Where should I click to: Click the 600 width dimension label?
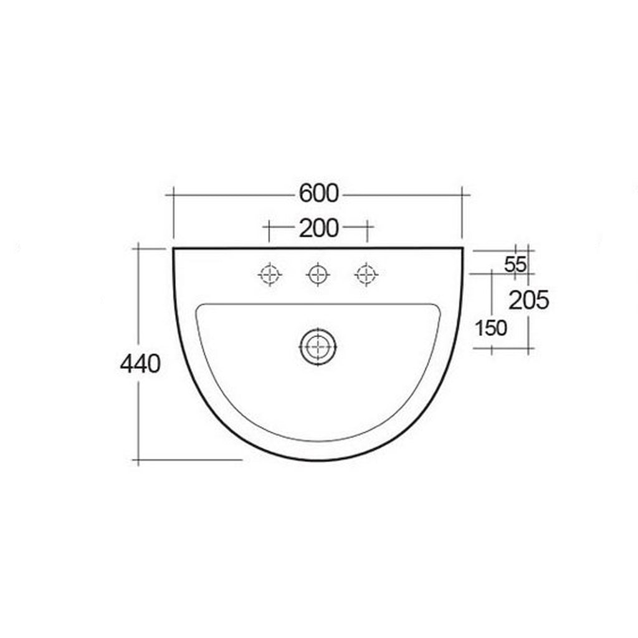pyautogui.click(x=318, y=194)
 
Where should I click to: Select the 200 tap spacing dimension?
pyautogui.click(x=318, y=229)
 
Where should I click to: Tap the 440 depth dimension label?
pyautogui.click(x=140, y=363)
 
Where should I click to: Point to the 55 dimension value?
pyautogui.click(x=515, y=264)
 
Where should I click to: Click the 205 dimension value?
pyautogui.click(x=529, y=301)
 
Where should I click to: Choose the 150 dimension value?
pyautogui.click(x=492, y=328)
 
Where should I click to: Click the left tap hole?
pyautogui.click(x=270, y=274)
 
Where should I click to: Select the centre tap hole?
pyautogui.click(x=318, y=274)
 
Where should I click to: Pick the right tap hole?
pyautogui.click(x=366, y=274)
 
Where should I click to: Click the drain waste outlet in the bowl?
pyautogui.click(x=318, y=346)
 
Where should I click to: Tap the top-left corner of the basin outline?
pyautogui.click(x=174, y=249)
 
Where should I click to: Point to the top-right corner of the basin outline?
pyautogui.click(x=462, y=249)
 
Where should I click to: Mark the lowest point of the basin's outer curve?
pyautogui.click(x=318, y=460)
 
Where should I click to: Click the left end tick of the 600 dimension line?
pyautogui.click(x=173, y=195)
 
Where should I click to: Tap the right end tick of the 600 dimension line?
pyautogui.click(x=462, y=195)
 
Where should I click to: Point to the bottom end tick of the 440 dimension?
pyautogui.click(x=138, y=460)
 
